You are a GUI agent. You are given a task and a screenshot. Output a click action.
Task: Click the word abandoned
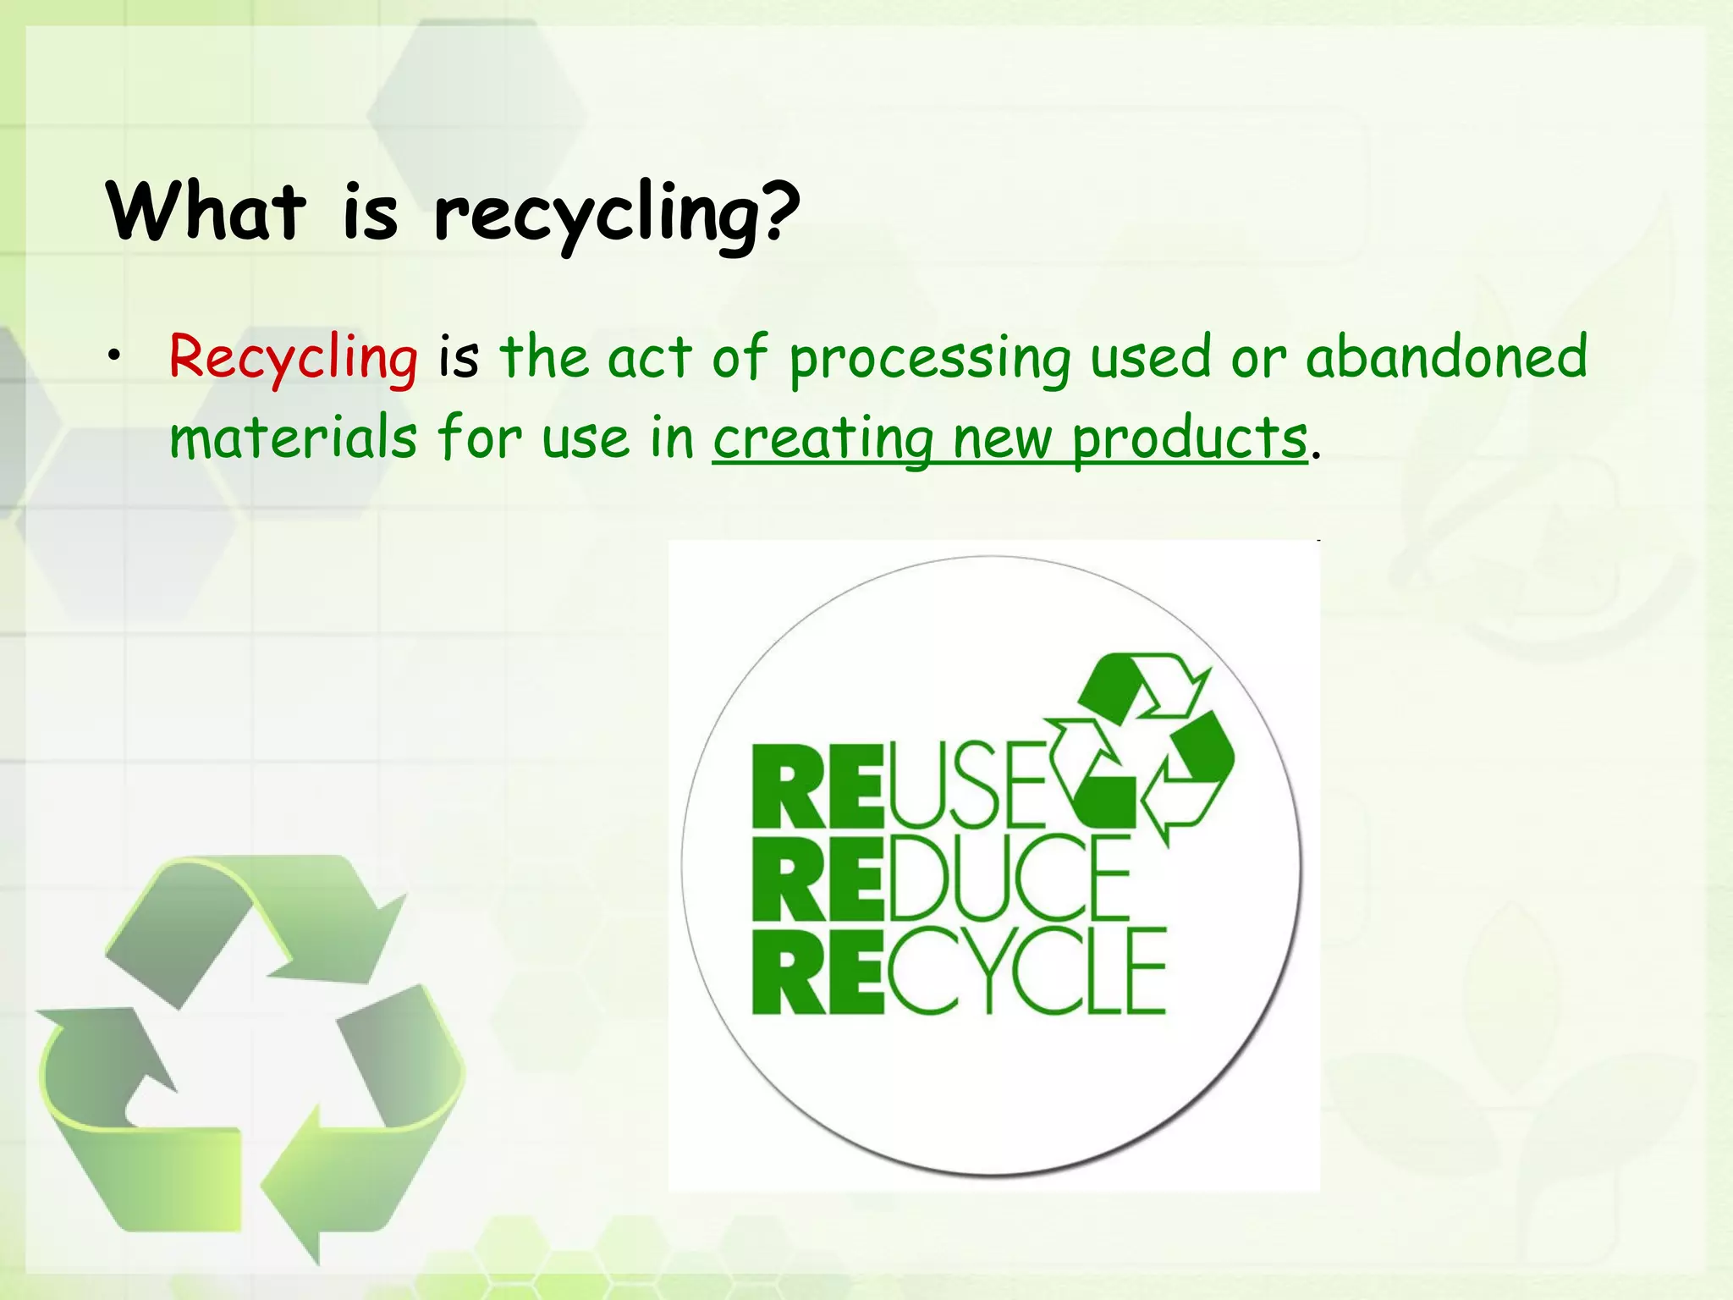click(x=1446, y=356)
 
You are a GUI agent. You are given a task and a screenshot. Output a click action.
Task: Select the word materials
click(x=293, y=438)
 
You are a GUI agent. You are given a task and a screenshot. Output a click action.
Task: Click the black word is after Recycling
click(x=458, y=356)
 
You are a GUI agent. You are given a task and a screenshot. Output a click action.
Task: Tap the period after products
click(x=1315, y=455)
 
